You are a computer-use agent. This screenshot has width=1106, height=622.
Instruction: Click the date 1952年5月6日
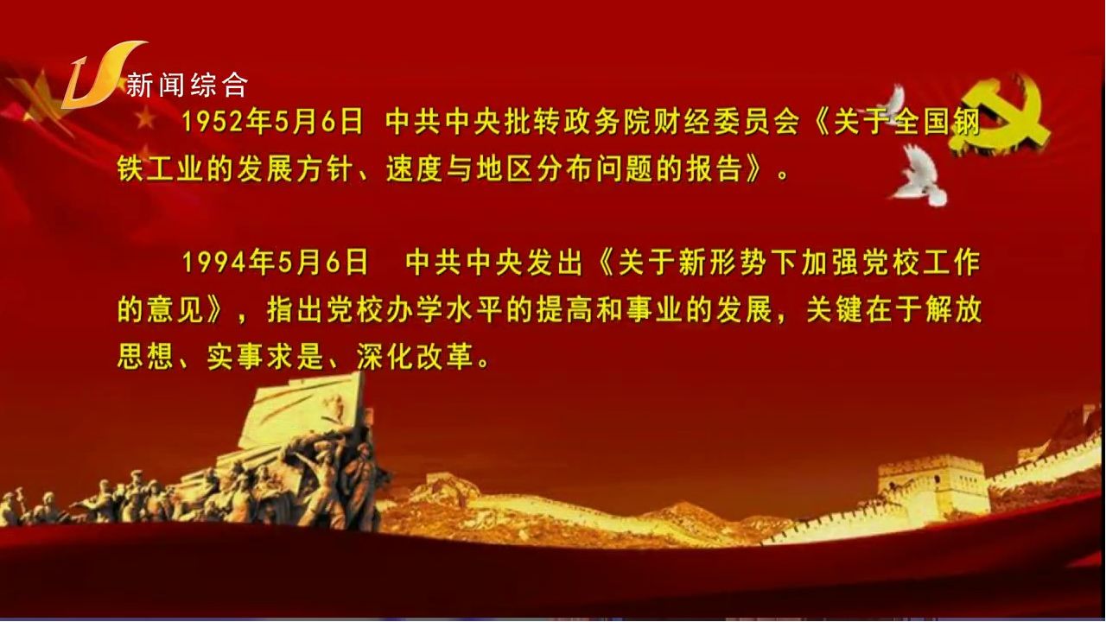[273, 122]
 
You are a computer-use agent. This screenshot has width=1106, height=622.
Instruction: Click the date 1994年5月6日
[275, 262]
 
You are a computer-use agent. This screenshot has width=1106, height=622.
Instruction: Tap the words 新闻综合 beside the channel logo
[187, 85]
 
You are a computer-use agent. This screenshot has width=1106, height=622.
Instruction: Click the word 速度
[416, 169]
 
